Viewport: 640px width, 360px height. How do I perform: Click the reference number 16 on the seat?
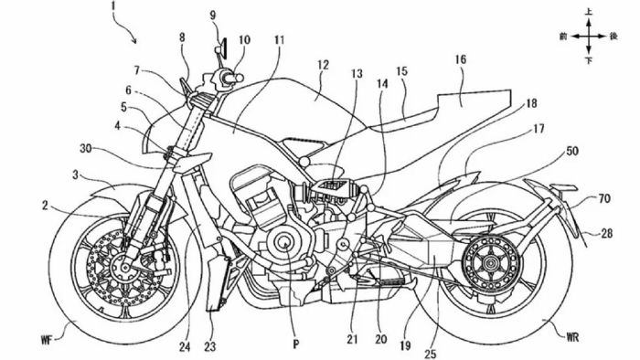pyautogui.click(x=460, y=59)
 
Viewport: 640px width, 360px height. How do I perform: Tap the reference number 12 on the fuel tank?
pyautogui.click(x=322, y=66)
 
